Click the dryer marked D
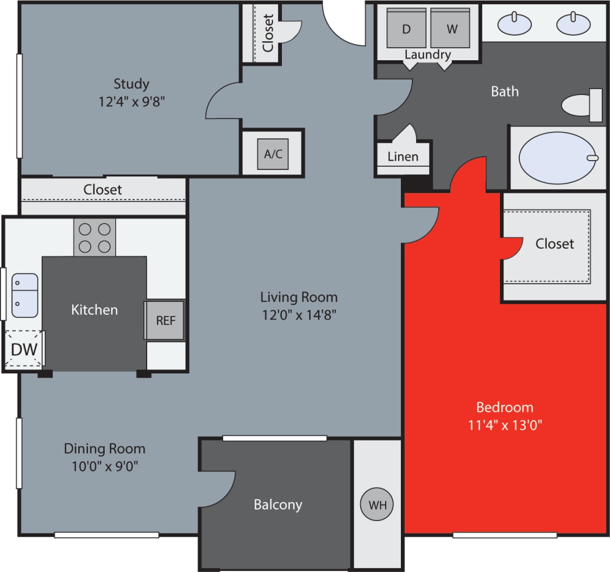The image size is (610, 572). pyautogui.click(x=406, y=29)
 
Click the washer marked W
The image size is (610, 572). pyautogui.click(x=450, y=29)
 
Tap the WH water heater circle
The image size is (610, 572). pyautogui.click(x=378, y=505)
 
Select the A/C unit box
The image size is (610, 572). pyautogui.click(x=273, y=154)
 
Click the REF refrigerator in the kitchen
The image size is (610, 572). pyautogui.click(x=165, y=320)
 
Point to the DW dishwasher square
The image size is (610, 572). pyautogui.click(x=24, y=348)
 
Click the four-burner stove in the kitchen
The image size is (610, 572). pyautogui.click(x=95, y=238)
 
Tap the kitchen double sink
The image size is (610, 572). pyautogui.click(x=25, y=295)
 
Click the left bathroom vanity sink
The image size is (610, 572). pyautogui.click(x=514, y=23)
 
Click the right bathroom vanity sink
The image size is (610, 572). pyautogui.click(x=573, y=23)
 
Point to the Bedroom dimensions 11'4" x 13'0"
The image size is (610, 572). pyautogui.click(x=505, y=424)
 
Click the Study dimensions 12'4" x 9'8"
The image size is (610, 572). pyautogui.click(x=131, y=101)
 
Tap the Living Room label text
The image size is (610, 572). pyautogui.click(x=299, y=297)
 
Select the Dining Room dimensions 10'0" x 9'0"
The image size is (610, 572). pyautogui.click(x=104, y=466)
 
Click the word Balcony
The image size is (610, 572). pyautogui.click(x=278, y=505)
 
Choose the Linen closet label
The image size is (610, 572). pyautogui.click(x=403, y=157)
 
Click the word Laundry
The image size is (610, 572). pyautogui.click(x=427, y=54)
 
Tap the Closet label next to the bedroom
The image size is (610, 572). pyautogui.click(x=555, y=244)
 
